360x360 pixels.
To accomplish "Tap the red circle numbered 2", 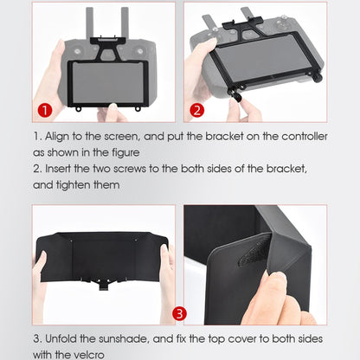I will coord(196,110).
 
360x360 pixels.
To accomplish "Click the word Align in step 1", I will coord(57,136).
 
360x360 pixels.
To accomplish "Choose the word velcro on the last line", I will coord(97,354).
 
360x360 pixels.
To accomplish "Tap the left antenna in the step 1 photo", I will coord(89,22).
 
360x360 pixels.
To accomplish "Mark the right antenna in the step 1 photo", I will coord(125,22).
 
